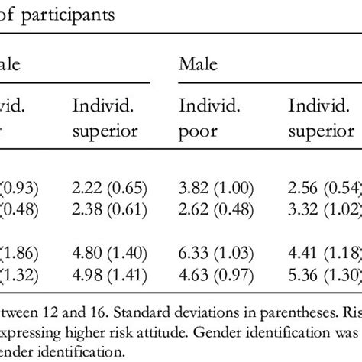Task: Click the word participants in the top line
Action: pos(68,16)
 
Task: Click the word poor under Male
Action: pos(194,131)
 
